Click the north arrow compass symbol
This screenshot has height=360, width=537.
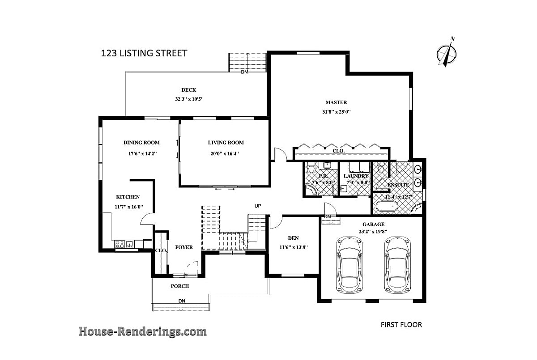[447, 53]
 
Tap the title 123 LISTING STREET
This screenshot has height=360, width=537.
[144, 54]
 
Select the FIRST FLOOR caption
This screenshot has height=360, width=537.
[401, 325]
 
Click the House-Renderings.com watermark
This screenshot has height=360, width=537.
[143, 331]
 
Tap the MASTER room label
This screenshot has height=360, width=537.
[336, 102]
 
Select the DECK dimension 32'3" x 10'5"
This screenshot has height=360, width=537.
[189, 99]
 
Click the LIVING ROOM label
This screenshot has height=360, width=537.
[226, 143]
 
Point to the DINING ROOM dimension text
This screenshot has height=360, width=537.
[142, 153]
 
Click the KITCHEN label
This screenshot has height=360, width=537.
[128, 197]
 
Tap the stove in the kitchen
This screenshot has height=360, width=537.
[120, 244]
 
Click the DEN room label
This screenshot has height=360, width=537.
[293, 238]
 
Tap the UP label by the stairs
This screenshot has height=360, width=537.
[258, 206]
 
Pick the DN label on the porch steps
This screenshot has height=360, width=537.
[182, 300]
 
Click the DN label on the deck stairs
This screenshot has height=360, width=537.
[244, 72]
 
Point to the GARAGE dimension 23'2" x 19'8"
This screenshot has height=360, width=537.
[373, 232]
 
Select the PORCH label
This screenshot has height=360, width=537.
[180, 286]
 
